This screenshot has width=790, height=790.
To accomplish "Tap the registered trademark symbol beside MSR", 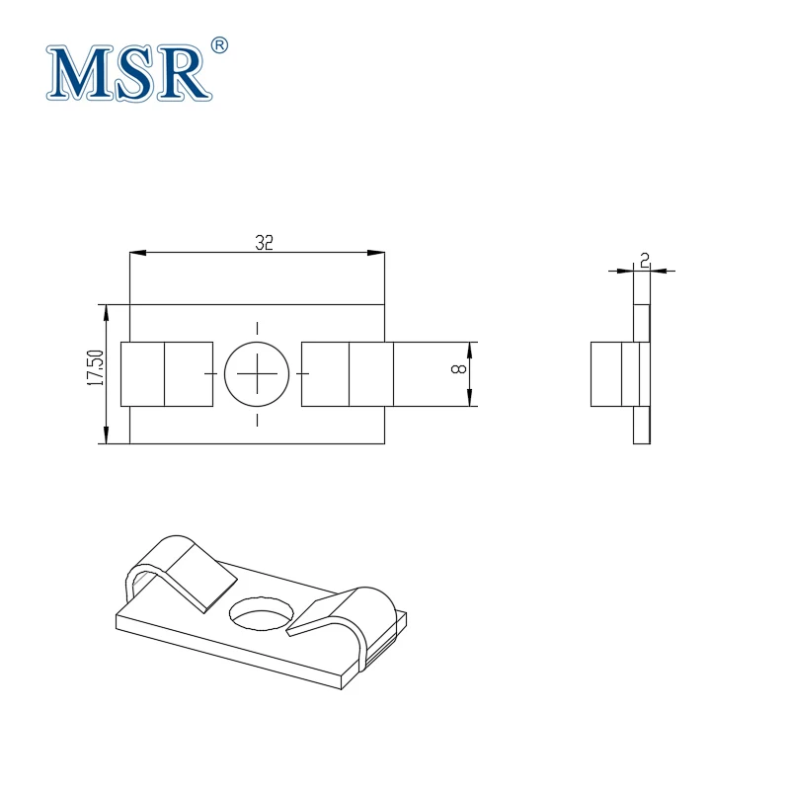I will point(219,45).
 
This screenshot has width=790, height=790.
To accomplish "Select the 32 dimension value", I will point(263,243).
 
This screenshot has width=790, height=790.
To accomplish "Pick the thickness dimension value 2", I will point(644,260).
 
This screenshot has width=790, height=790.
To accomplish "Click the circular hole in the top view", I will point(257,373).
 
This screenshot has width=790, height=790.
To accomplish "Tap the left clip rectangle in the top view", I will point(166,373).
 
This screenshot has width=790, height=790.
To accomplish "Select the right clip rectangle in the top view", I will point(347,373).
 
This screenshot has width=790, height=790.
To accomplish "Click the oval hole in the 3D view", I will point(263,613).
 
